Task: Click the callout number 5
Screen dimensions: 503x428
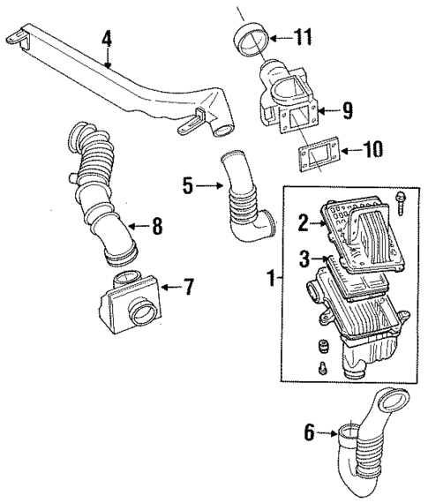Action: click(x=186, y=185)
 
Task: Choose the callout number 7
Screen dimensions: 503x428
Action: click(x=188, y=287)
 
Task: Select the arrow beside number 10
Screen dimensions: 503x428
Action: click(x=351, y=150)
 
